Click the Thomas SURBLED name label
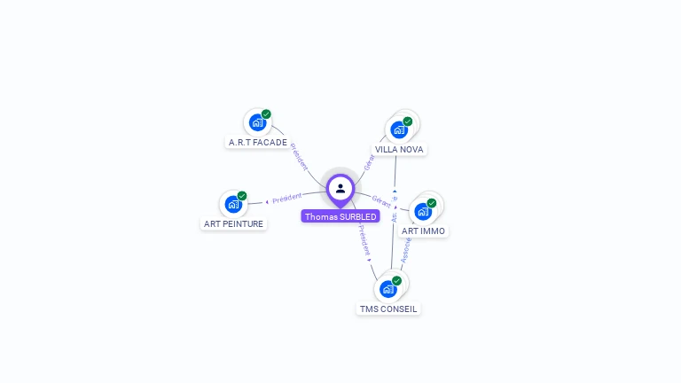tap(340, 216)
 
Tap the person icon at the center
tap(340, 188)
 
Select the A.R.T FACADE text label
tap(258, 142)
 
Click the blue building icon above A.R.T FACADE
tap(257, 122)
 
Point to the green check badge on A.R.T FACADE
tap(266, 114)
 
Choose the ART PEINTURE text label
tap(234, 223)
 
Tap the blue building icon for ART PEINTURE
tap(233, 204)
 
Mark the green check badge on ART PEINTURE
tap(242, 196)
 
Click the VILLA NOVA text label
tap(399, 149)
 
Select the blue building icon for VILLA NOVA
tap(399, 129)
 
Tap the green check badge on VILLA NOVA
tap(408, 121)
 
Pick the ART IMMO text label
tap(424, 231)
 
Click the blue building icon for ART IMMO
tap(423, 211)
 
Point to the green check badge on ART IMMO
tap(432, 203)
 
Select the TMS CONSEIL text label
tap(388, 309)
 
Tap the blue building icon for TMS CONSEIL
tap(387, 289)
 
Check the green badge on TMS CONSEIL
tap(396, 281)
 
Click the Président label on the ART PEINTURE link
tap(286, 198)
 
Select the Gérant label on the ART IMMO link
tap(382, 200)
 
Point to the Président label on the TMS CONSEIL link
tap(364, 239)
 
